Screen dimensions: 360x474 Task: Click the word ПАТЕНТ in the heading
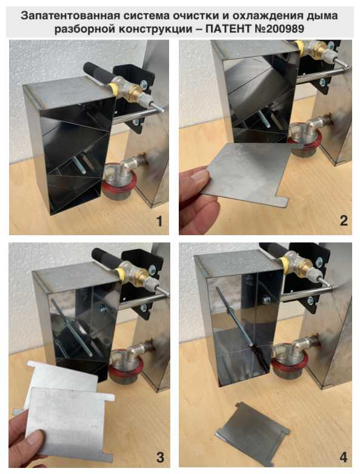pyautogui.click(x=228, y=29)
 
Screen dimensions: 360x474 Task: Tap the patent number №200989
pyautogui.click(x=278, y=29)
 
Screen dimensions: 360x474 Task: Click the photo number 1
pyautogui.click(x=159, y=222)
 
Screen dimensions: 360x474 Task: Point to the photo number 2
pyautogui.click(x=344, y=221)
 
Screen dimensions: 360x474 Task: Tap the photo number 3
pyautogui.click(x=160, y=458)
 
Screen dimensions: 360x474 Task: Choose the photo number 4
pyautogui.click(x=344, y=457)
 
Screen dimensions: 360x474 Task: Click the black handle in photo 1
pyautogui.click(x=98, y=73)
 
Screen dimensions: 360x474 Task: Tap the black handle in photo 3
pyautogui.click(x=106, y=258)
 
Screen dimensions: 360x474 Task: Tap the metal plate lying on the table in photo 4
pyautogui.click(x=252, y=429)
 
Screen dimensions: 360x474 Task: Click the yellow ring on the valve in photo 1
pyautogui.click(x=113, y=88)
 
